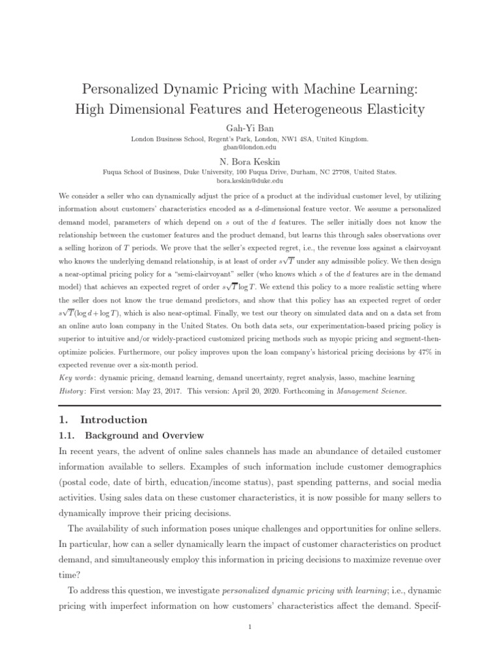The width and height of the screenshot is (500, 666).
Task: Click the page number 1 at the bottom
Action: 249,627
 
